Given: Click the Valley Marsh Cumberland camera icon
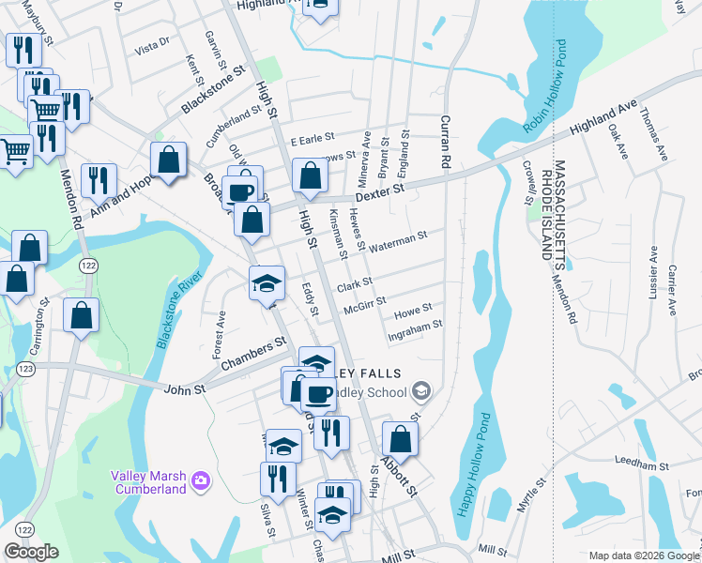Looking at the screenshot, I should (x=200, y=481).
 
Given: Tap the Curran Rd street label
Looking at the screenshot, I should (x=440, y=142).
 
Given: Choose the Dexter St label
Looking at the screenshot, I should (x=379, y=192).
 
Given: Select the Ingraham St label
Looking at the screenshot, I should (x=414, y=330).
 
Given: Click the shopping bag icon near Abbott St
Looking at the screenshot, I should (x=400, y=439).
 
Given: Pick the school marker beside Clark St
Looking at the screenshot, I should (x=267, y=282).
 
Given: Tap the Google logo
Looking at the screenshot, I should (x=31, y=552).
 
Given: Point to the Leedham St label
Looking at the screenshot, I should (x=641, y=464).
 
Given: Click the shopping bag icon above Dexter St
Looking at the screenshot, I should (x=311, y=175).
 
